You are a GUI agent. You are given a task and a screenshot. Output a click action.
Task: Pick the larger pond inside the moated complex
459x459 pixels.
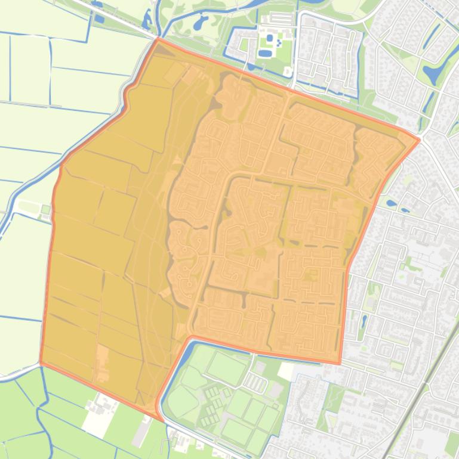(x=264, y=54)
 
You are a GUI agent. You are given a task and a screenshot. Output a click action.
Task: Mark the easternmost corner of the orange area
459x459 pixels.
(x=419, y=141)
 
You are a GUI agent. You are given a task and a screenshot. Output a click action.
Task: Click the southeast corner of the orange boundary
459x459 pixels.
(x=340, y=362)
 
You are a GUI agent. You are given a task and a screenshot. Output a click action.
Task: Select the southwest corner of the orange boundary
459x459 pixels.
(x=41, y=362)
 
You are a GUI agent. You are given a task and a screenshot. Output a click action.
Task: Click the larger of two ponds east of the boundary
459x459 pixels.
(x=391, y=203)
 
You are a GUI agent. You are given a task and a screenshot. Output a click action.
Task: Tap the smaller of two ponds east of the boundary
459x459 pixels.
(x=405, y=210)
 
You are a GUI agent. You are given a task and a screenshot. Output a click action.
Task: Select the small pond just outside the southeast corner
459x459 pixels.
(x=363, y=322)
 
